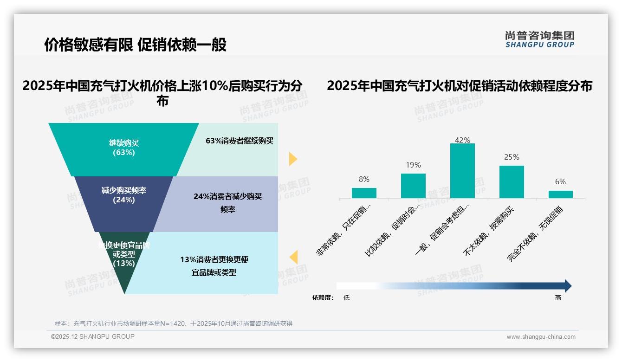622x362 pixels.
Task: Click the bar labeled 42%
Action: click(x=462, y=171)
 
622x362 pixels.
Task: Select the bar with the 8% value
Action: click(x=364, y=193)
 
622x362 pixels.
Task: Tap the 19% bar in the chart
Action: click(x=413, y=186)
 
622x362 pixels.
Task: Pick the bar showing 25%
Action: click(x=512, y=182)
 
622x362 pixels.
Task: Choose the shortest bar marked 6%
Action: click(x=560, y=194)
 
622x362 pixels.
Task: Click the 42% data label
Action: click(x=462, y=140)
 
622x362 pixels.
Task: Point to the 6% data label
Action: click(x=560, y=182)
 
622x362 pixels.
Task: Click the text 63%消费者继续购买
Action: click(x=240, y=141)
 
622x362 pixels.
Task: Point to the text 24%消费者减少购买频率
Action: click(x=227, y=203)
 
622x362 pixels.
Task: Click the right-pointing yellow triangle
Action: click(x=292, y=159)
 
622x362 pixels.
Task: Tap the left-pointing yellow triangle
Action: click(x=293, y=257)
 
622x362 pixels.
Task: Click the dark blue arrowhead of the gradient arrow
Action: click(x=567, y=286)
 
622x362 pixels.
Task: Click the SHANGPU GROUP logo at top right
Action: click(x=539, y=39)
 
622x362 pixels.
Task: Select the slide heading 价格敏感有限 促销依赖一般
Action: click(x=135, y=45)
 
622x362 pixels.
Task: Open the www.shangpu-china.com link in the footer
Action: click(x=541, y=337)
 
